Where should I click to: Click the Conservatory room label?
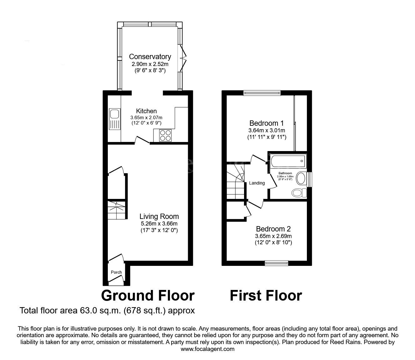150,57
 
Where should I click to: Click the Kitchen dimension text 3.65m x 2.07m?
146,118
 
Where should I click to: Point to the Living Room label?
159,216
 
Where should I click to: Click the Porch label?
116,272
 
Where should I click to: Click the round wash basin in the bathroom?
301,179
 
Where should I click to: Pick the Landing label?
257,183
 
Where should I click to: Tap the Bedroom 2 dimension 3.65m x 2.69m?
273,236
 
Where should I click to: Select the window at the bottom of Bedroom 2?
276,263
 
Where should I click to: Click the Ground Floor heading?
148,296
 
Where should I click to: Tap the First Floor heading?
266,296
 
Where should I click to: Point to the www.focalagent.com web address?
207,349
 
